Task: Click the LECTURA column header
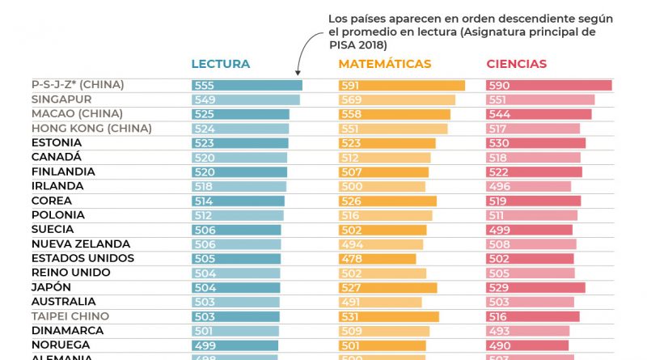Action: tap(220, 64)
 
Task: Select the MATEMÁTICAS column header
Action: tap(384, 64)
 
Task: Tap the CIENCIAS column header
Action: tap(516, 64)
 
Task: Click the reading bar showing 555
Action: tap(247, 85)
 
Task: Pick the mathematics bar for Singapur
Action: tap(396, 100)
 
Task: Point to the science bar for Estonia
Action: tap(535, 143)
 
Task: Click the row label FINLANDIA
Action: tap(63, 172)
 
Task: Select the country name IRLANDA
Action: tap(57, 186)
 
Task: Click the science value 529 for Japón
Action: tap(499, 288)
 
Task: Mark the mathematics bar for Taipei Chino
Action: tap(388, 316)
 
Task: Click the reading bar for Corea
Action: tap(238, 201)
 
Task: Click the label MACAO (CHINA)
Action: tap(78, 114)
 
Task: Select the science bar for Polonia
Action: tap(531, 215)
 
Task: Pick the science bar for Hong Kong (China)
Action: tap(532, 129)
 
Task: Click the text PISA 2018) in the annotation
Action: tap(357, 45)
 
